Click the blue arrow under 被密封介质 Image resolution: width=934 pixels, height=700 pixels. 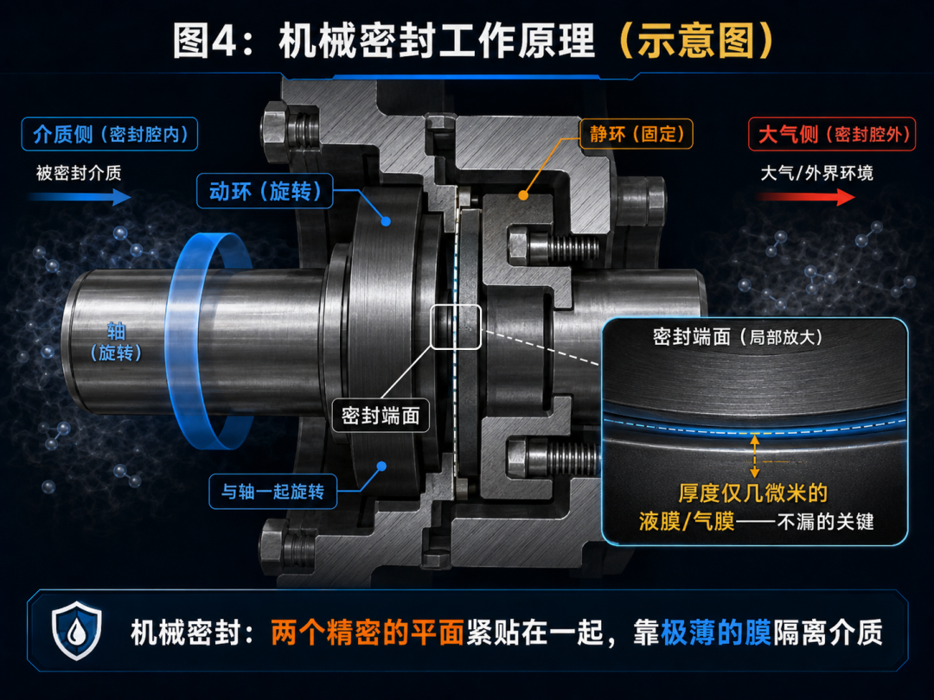tap(80, 197)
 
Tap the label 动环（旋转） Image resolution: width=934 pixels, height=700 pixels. tap(265, 191)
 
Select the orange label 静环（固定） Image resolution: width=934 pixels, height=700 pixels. tap(637, 133)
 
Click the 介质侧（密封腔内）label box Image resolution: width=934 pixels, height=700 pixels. tap(110, 134)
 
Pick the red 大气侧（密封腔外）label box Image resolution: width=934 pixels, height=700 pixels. tap(832, 134)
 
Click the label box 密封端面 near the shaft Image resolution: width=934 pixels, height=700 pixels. tap(381, 415)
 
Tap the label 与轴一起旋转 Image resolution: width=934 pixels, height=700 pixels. tap(272, 491)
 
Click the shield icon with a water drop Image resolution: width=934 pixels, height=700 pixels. tap(76, 630)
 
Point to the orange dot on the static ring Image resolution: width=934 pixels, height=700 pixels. tap(523, 194)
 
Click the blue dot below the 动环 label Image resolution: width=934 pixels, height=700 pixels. tap(386, 221)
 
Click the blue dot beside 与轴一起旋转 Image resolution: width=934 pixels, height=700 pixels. tap(382, 466)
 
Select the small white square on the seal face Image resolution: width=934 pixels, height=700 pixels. tap(456, 326)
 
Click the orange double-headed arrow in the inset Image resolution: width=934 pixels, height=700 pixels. tap(755, 456)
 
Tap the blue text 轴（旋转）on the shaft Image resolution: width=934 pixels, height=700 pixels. tap(116, 341)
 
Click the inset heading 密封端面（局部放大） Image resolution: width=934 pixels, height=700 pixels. tap(738, 337)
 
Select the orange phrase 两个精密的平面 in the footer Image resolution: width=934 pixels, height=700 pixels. tap(367, 632)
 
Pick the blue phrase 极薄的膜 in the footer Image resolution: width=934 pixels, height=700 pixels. tap(715, 632)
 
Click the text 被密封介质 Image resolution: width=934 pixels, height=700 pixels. tap(79, 173)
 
